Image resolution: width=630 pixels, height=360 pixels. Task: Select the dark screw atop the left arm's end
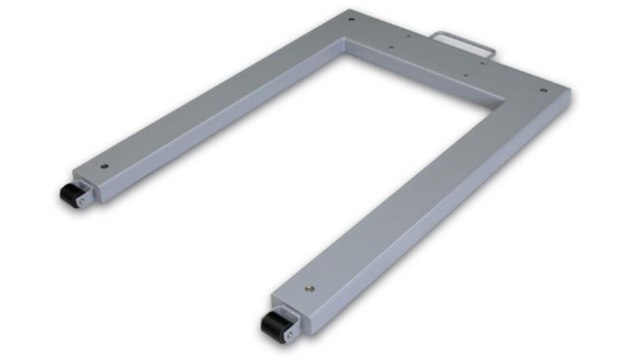105,167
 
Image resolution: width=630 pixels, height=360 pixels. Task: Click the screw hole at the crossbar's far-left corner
352,19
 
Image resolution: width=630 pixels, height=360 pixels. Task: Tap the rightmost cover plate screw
483,62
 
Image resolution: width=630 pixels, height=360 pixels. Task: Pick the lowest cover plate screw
465,75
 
